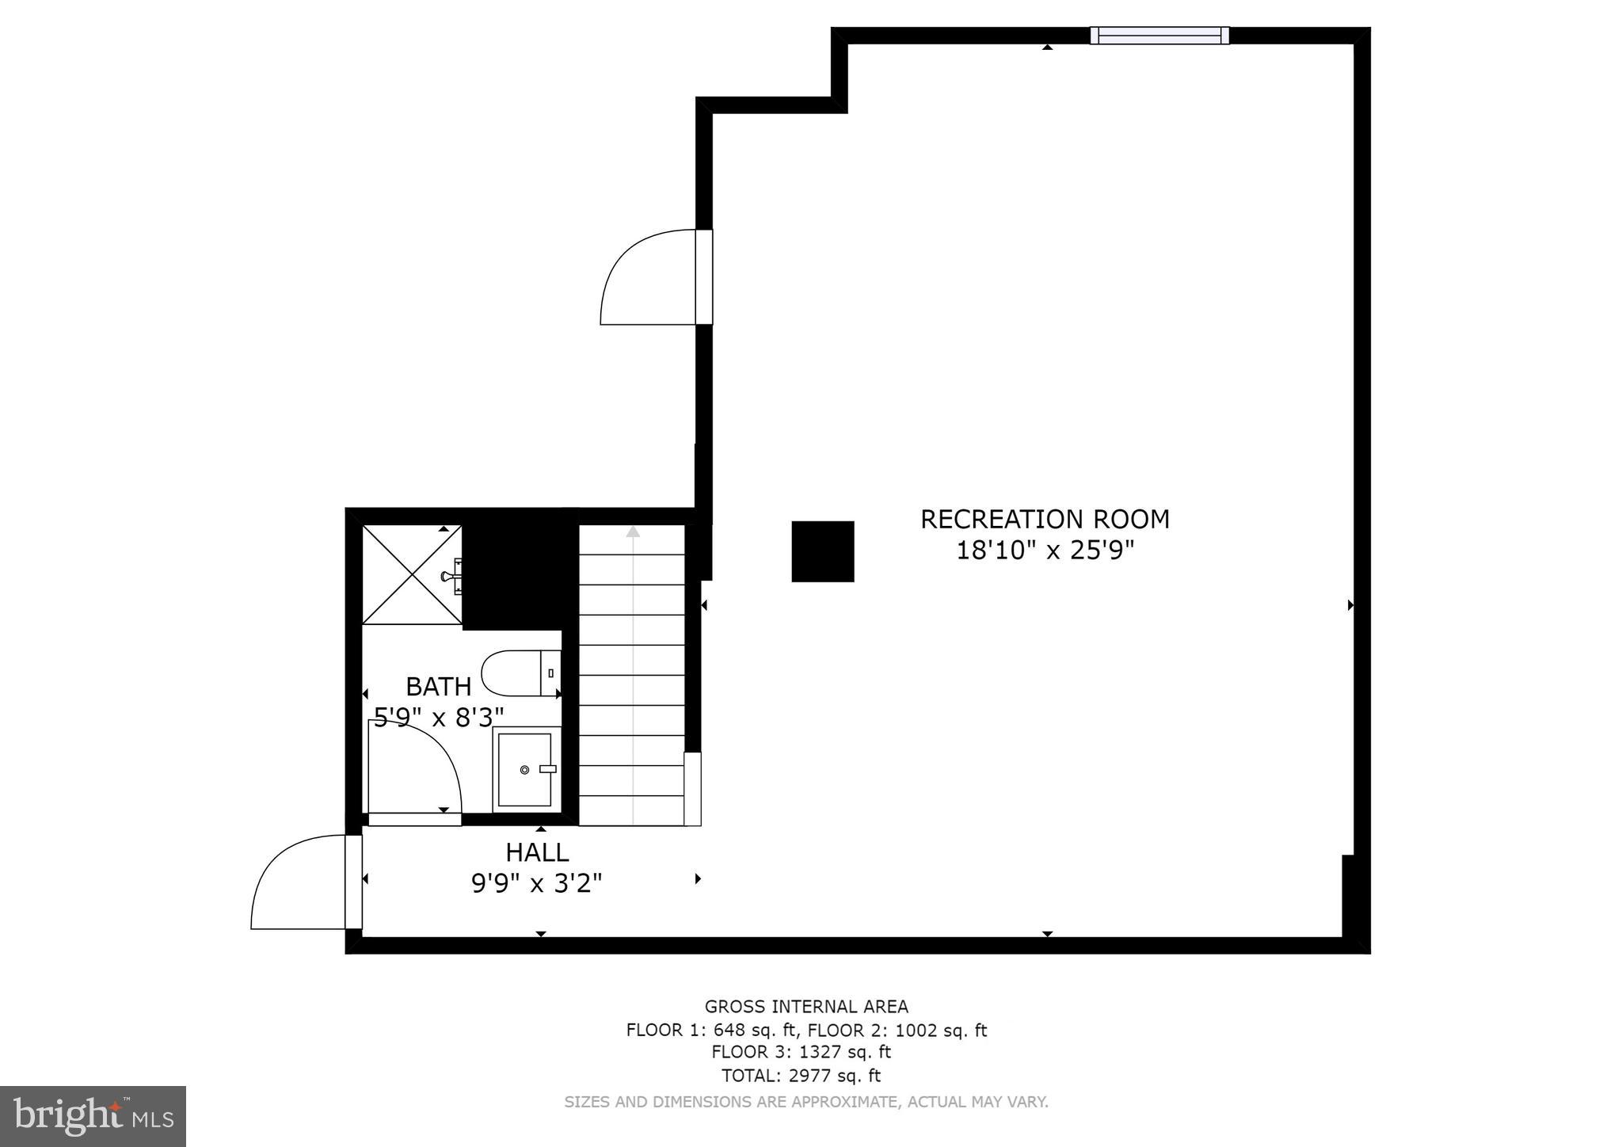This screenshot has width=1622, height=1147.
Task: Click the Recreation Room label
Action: (x=1044, y=520)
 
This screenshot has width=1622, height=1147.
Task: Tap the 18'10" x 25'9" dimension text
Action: (x=1045, y=551)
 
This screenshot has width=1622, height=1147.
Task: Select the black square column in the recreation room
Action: (x=823, y=551)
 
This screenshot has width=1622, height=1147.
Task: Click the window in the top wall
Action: (x=1159, y=36)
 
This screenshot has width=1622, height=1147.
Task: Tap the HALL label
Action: (x=537, y=852)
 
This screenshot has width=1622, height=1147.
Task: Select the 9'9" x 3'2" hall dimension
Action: (x=537, y=883)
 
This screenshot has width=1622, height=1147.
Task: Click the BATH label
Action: (x=438, y=686)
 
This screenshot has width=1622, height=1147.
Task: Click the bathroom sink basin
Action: (x=524, y=769)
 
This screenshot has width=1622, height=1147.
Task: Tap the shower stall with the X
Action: (x=412, y=574)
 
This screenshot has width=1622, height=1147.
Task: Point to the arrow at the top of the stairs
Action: (x=632, y=532)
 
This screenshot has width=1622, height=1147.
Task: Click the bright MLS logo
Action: (x=93, y=1116)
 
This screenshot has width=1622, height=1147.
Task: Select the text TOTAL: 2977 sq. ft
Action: (x=801, y=1076)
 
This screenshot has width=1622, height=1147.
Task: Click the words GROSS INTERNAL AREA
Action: (x=806, y=1007)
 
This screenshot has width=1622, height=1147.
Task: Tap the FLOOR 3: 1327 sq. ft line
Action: (x=801, y=1053)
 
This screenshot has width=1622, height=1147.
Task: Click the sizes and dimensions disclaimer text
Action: (x=805, y=1102)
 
